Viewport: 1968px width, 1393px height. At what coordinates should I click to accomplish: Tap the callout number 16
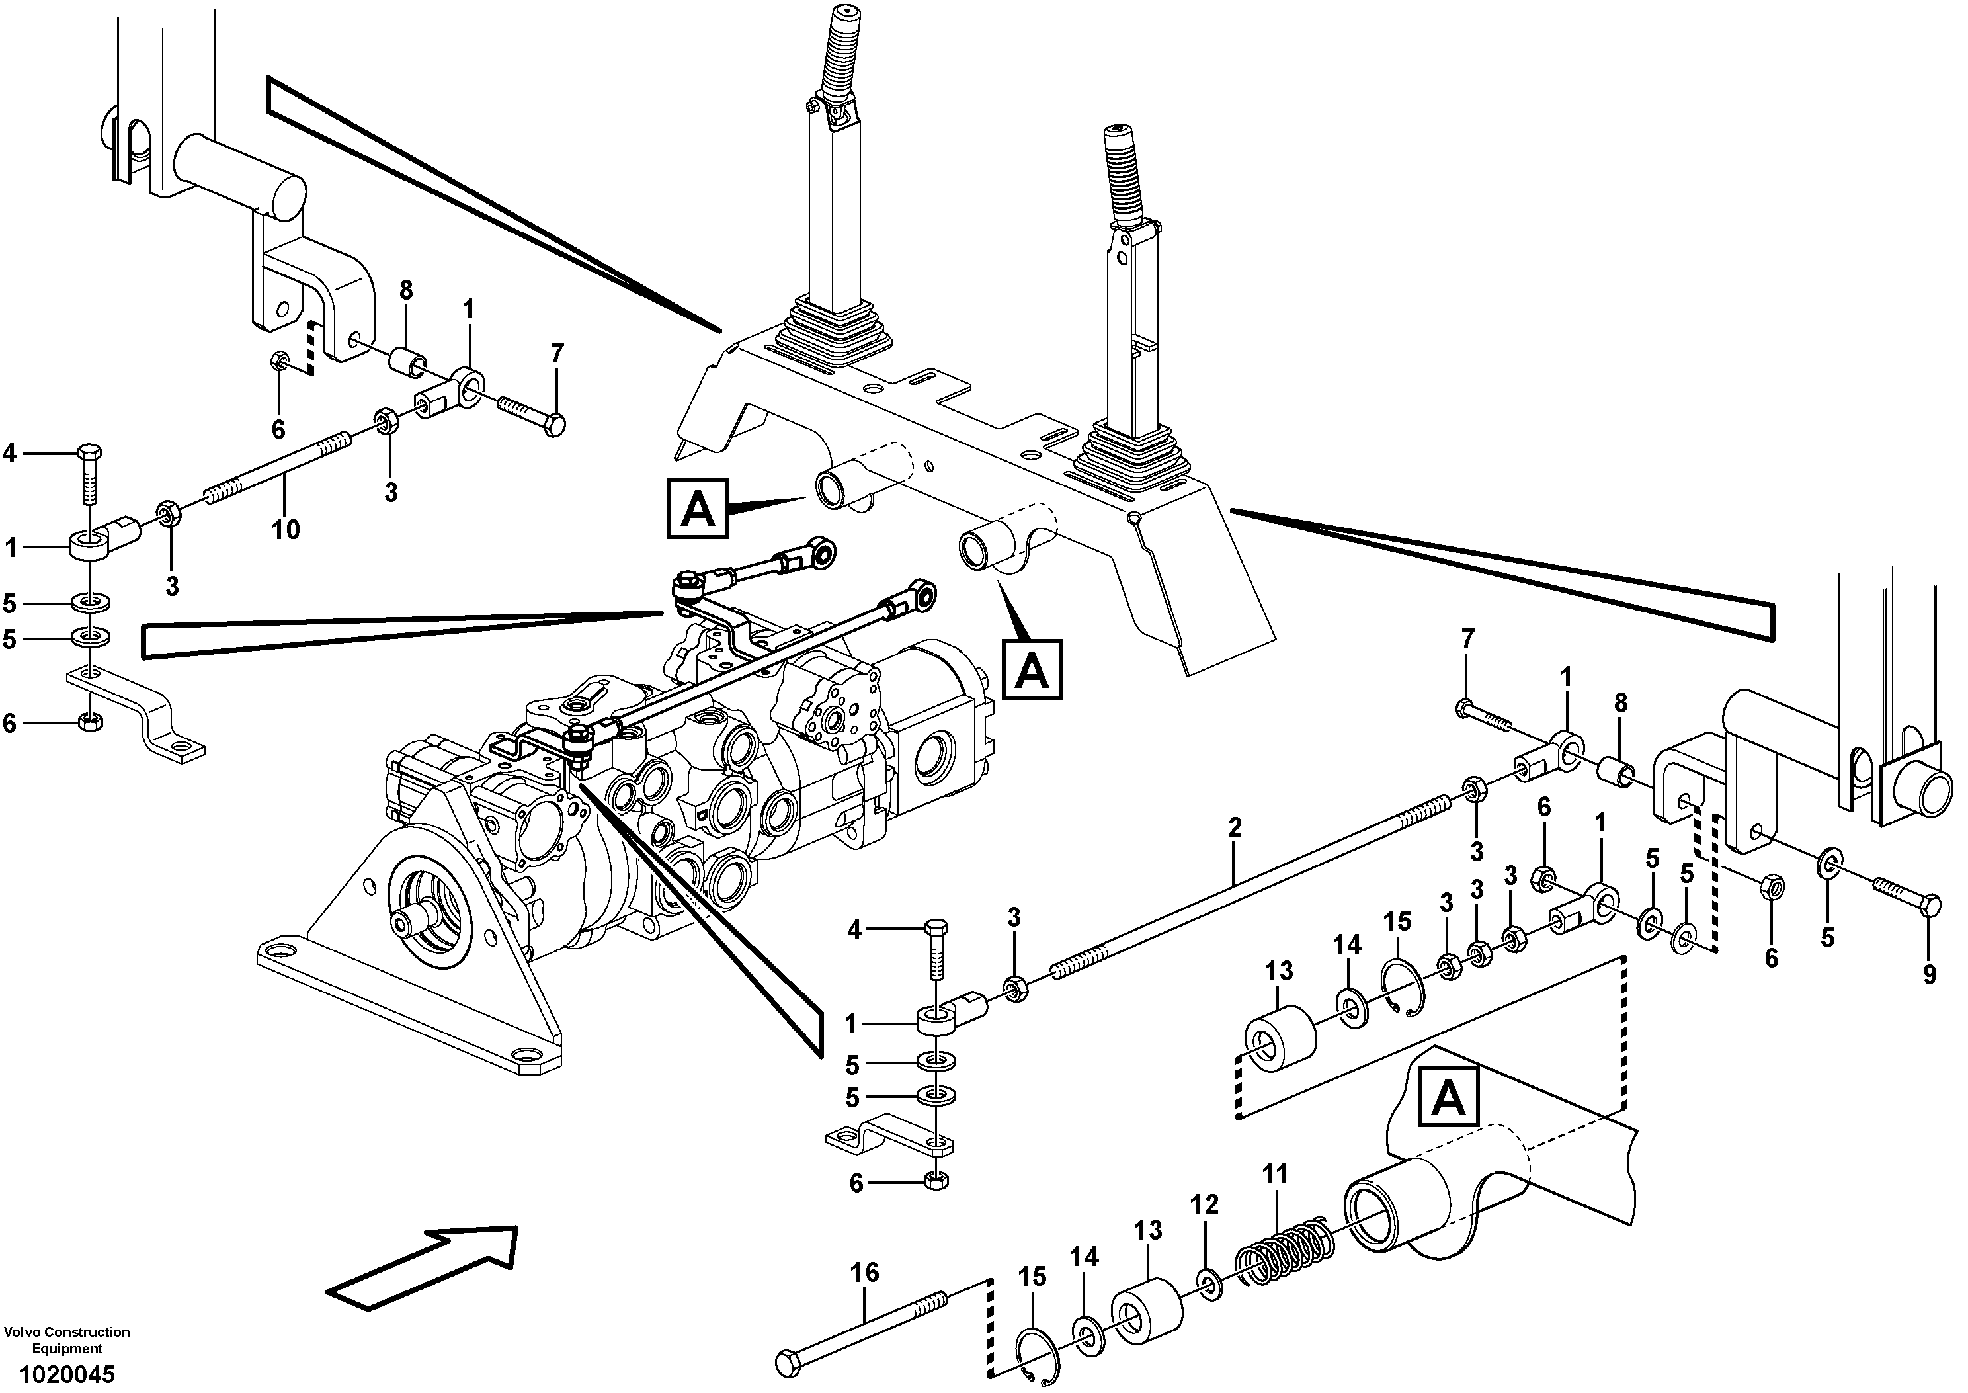(864, 1272)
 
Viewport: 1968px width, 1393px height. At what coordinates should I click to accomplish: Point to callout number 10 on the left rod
(286, 529)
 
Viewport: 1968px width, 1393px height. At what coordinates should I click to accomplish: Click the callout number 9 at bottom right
(1930, 974)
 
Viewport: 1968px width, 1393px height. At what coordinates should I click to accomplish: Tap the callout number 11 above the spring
(1275, 1174)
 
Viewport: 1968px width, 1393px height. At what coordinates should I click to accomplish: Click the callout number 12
(1204, 1204)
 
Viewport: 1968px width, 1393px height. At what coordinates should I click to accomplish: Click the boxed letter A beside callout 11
(1448, 1096)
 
